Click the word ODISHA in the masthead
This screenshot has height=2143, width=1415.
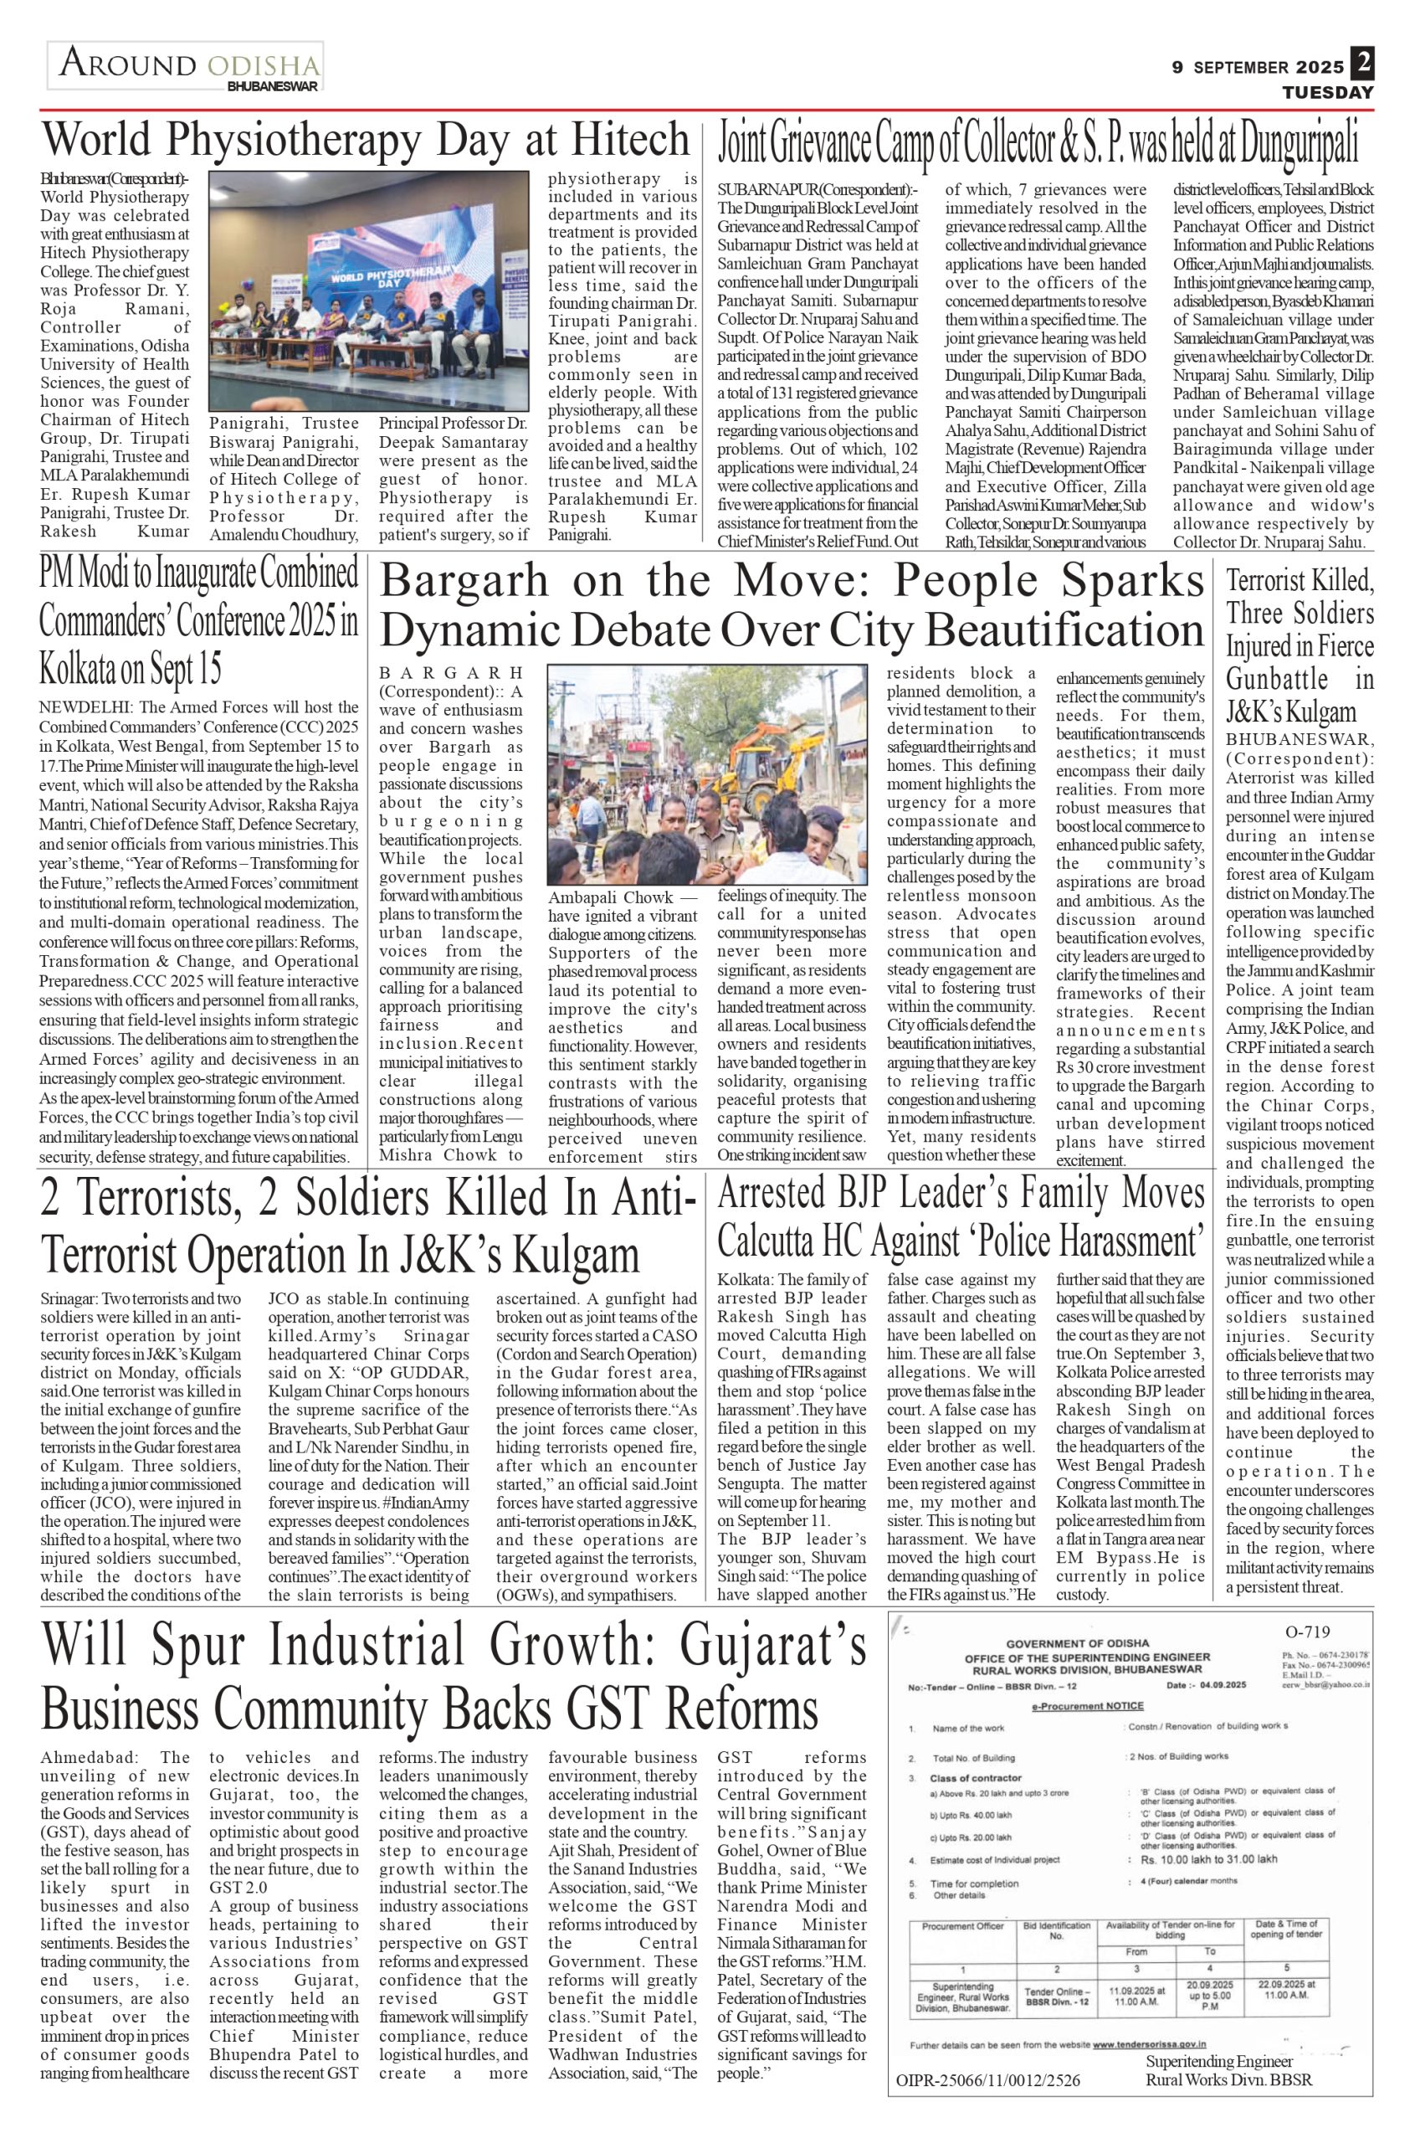pos(264,66)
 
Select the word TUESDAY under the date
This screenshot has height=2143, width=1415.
pos(1328,93)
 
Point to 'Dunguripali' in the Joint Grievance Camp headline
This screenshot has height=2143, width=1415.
pos(1297,145)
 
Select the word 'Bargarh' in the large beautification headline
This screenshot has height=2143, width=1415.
pos(464,583)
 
